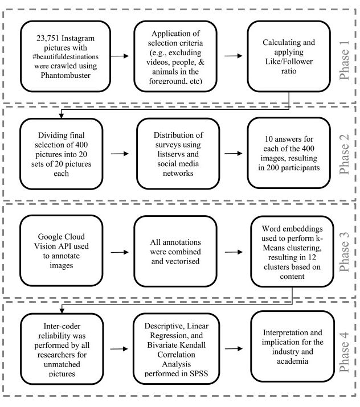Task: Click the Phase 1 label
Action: click(345, 60)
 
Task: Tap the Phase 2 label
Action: click(345, 154)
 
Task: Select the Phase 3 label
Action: click(345, 252)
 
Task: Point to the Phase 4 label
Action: click(345, 352)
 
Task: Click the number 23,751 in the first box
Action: click(48, 38)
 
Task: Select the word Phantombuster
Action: click(66, 75)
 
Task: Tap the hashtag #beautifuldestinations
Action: click(66, 56)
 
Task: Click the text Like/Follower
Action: click(289, 61)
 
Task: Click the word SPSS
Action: click(199, 373)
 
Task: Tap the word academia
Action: click(292, 361)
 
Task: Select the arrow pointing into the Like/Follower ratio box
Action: click(233, 56)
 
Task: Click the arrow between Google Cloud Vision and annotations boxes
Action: click(120, 252)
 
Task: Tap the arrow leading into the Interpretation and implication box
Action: click(234, 348)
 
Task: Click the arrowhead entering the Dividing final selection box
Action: click(62, 116)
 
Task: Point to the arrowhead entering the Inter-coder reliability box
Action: click(62, 311)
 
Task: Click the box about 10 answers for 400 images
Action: click(289, 153)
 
